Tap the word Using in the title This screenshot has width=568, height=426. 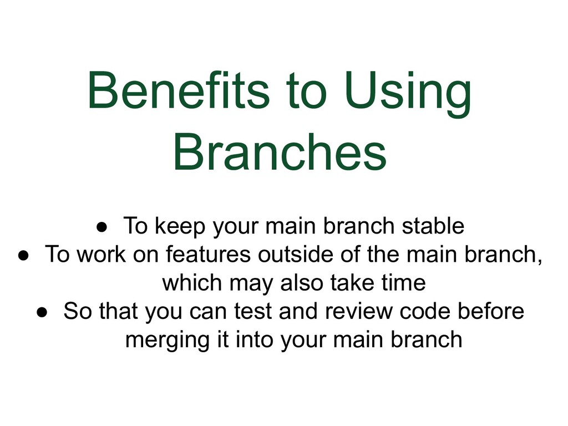click(x=408, y=92)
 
